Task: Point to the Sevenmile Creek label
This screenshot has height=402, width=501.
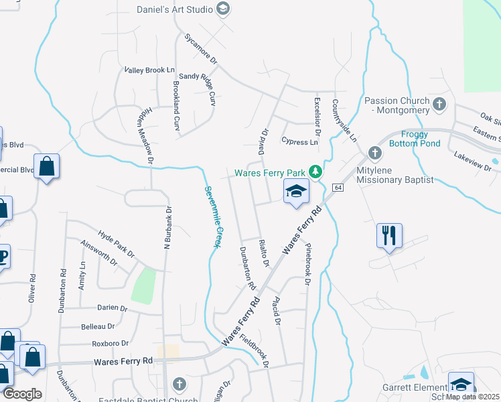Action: point(212,216)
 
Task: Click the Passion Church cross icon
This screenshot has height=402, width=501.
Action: point(439,105)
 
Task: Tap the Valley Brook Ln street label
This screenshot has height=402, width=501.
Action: point(149,70)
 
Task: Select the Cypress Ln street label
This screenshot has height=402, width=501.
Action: point(299,142)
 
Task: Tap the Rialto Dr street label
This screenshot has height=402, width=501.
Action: point(263,253)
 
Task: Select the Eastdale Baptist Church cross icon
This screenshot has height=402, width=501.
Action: point(179,384)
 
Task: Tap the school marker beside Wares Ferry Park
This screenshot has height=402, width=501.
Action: point(296,192)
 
